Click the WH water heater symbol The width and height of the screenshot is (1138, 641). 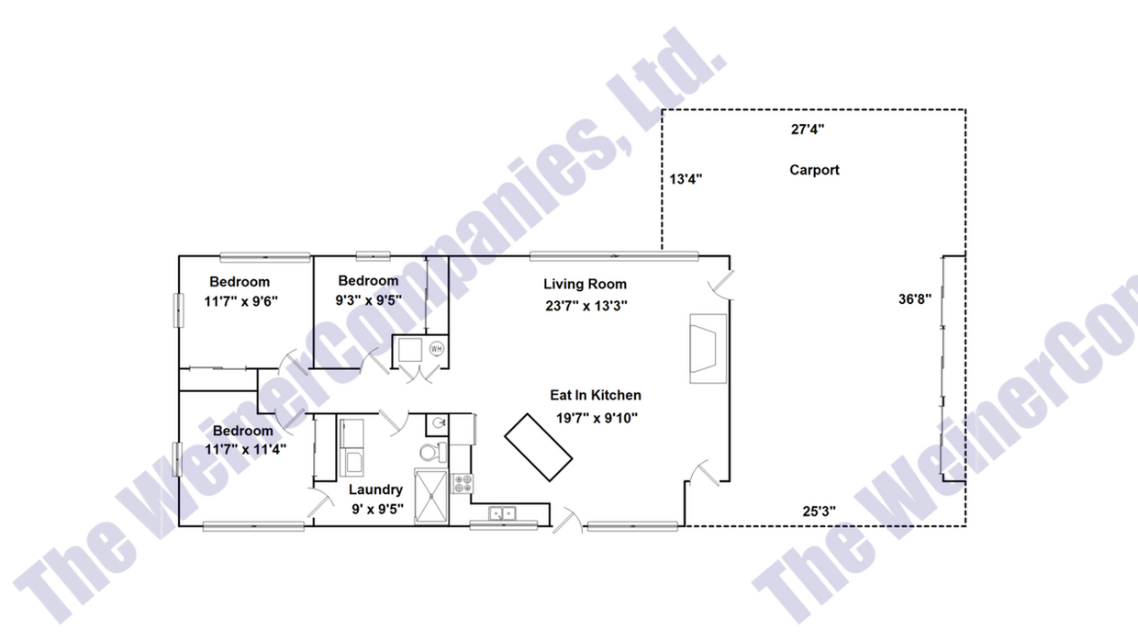pyautogui.click(x=436, y=349)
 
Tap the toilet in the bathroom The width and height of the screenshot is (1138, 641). pyautogui.click(x=430, y=452)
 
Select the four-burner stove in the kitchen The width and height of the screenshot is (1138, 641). pyautogui.click(x=462, y=483)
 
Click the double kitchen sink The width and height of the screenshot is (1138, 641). pyautogui.click(x=502, y=513)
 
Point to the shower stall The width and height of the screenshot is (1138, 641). pyautogui.click(x=431, y=496)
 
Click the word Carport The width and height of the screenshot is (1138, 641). pyautogui.click(x=814, y=170)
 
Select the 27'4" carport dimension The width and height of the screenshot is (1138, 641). pyautogui.click(x=808, y=129)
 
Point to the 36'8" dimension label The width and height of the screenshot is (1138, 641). pyautogui.click(x=915, y=298)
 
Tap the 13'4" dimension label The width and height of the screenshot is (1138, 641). pyautogui.click(x=685, y=180)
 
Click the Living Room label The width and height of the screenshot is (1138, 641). pyautogui.click(x=585, y=284)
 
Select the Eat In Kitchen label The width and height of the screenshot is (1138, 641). pyautogui.click(x=595, y=396)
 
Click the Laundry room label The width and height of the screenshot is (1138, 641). pyautogui.click(x=375, y=489)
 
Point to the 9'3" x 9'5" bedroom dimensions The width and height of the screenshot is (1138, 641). pyautogui.click(x=368, y=298)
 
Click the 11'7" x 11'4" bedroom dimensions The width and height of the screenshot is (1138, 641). pyautogui.click(x=243, y=449)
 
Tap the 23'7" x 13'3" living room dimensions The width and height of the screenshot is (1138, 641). pyautogui.click(x=585, y=306)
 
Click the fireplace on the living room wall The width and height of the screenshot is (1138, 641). pyautogui.click(x=708, y=348)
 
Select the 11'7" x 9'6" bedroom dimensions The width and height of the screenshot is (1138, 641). pyautogui.click(x=240, y=300)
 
